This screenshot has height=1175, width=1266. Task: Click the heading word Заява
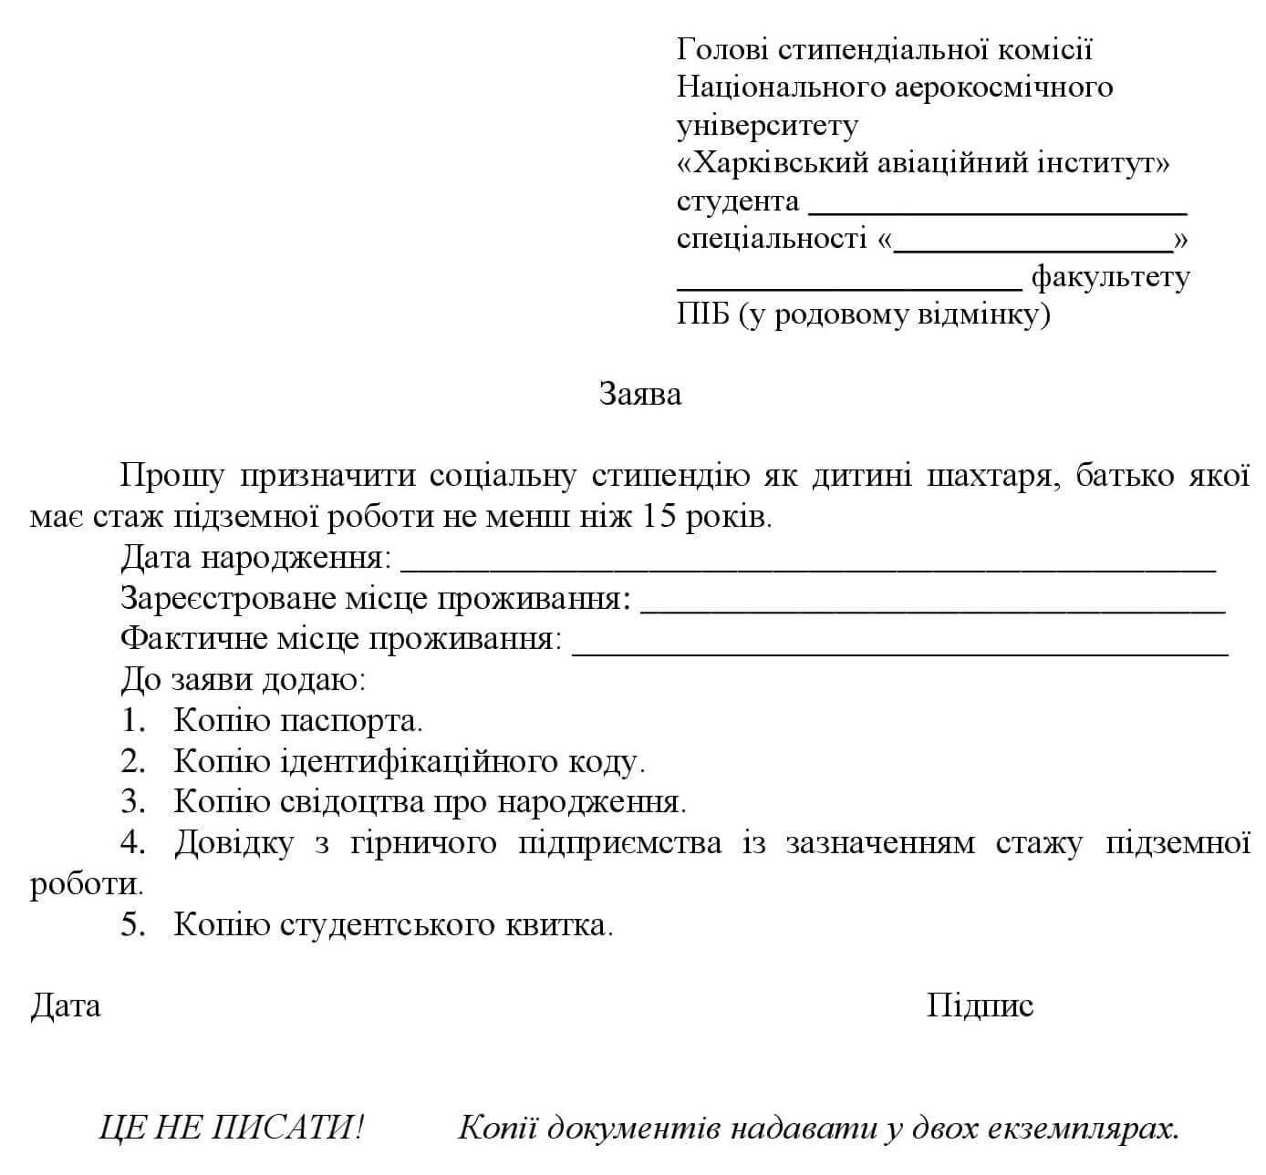pos(639,394)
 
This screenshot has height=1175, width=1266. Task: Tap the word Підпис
pos(980,1005)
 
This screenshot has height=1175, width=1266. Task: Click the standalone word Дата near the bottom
pos(66,1005)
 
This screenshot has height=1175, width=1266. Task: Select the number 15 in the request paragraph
pos(660,518)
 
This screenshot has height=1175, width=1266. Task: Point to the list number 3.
pos(133,802)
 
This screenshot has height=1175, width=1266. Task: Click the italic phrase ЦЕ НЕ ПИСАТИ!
pos(232,1129)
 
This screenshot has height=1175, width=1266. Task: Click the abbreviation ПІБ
pos(703,315)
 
